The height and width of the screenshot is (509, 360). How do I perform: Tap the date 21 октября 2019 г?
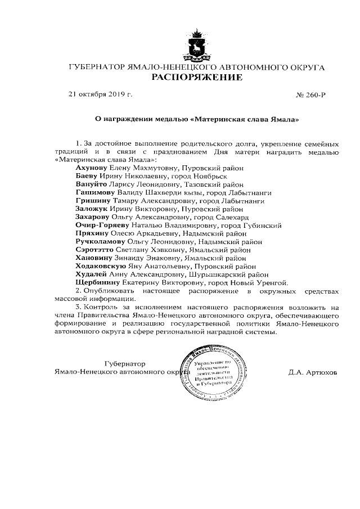click(x=100, y=94)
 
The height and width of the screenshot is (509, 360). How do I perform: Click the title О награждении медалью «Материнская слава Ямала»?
click(x=196, y=119)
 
